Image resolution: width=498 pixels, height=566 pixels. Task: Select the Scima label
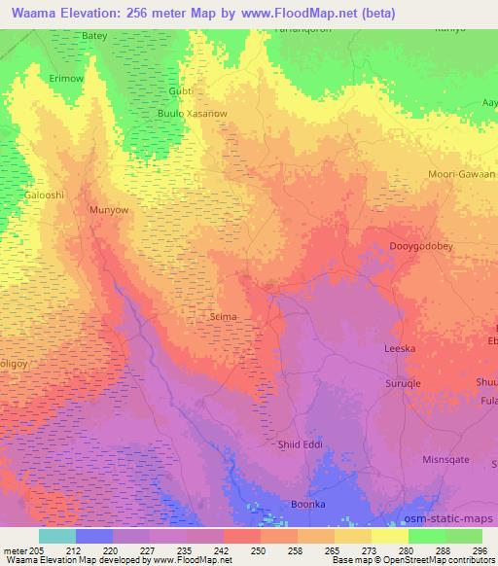coord(224,316)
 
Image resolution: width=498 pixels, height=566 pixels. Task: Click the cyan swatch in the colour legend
coord(57,535)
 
